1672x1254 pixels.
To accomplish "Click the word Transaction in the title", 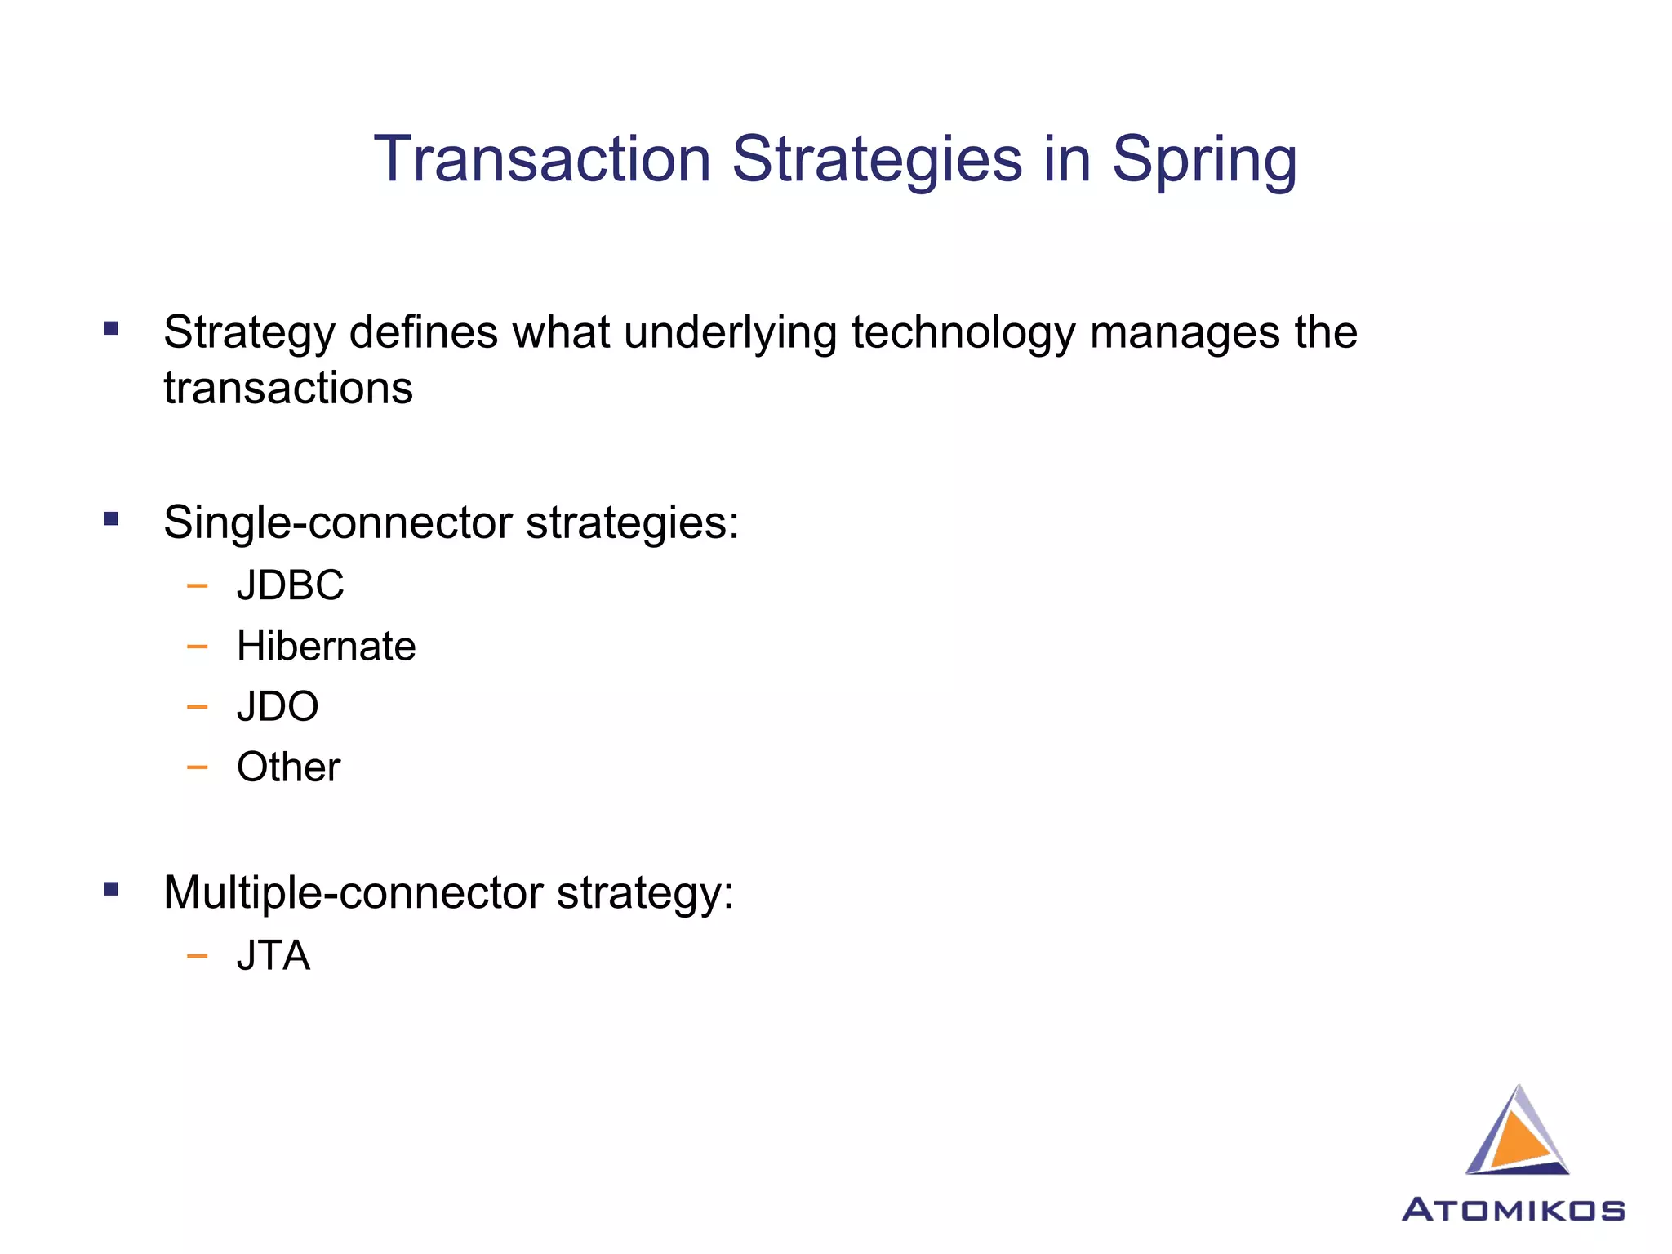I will pos(542,159).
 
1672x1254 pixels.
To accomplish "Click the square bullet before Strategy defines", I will pos(112,330).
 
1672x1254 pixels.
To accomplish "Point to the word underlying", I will pos(730,334).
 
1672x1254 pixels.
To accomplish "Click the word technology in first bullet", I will pos(963,334).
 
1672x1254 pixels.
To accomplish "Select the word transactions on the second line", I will pos(288,388).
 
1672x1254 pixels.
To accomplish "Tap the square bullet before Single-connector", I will pos(112,519).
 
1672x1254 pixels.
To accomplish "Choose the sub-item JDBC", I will pos(290,585).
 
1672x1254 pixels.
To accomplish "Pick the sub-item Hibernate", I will pos(326,647).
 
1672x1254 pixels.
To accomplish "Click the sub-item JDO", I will pos(278,706).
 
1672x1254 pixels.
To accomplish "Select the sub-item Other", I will pos(288,767).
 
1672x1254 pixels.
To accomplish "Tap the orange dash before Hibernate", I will pos(197,647).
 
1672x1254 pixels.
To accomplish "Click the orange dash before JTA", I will pos(197,956).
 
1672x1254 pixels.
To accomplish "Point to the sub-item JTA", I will pos(273,956).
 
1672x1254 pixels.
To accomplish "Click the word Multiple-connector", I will pos(353,893).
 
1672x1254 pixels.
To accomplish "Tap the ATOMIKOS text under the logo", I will pos(1513,1210).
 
